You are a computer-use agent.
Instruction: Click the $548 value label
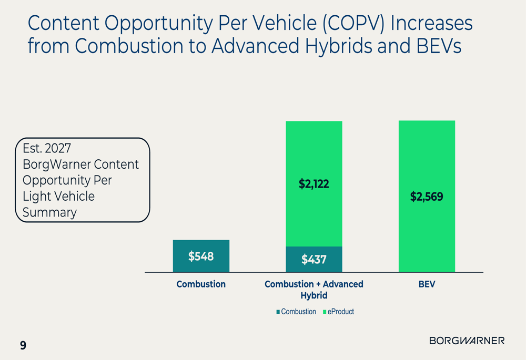(x=201, y=256)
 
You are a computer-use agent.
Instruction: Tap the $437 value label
(x=314, y=259)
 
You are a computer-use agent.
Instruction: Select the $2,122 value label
(x=314, y=184)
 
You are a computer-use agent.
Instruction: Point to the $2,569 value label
(x=427, y=197)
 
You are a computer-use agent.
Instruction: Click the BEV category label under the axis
(x=427, y=284)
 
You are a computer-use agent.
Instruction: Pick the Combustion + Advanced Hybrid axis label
(x=314, y=290)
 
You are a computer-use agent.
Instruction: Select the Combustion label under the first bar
(x=201, y=284)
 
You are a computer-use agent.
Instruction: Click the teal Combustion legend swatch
(x=278, y=312)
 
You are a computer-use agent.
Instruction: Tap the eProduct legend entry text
(x=341, y=312)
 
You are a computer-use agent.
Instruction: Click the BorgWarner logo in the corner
(x=467, y=341)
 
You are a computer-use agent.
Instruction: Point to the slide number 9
(x=23, y=345)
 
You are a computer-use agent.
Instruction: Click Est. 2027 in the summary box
(x=47, y=148)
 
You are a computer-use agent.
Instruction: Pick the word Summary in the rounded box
(x=49, y=212)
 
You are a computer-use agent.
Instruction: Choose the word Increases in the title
(x=432, y=24)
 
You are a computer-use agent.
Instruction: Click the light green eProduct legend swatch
(x=325, y=312)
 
